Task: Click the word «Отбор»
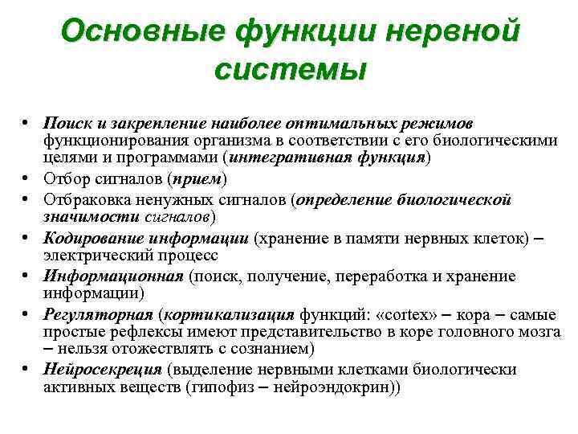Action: tap(65, 178)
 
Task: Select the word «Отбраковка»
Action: tap(85, 198)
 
